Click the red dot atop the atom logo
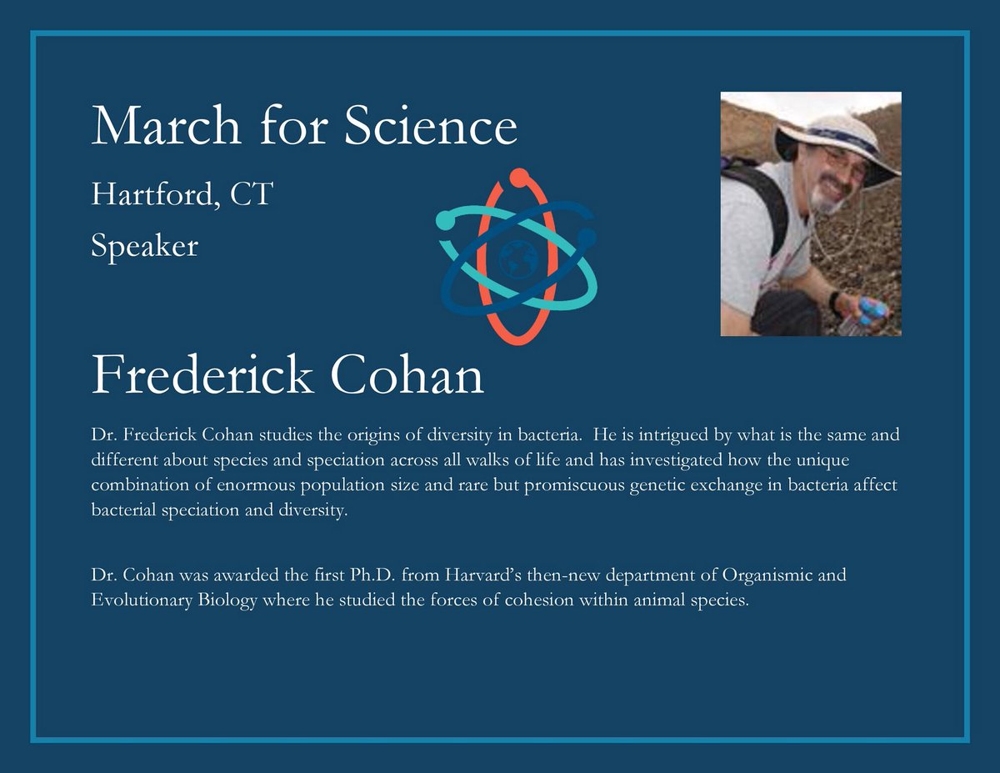point(518,177)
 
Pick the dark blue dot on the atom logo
point(587,238)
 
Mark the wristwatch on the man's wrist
point(833,300)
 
